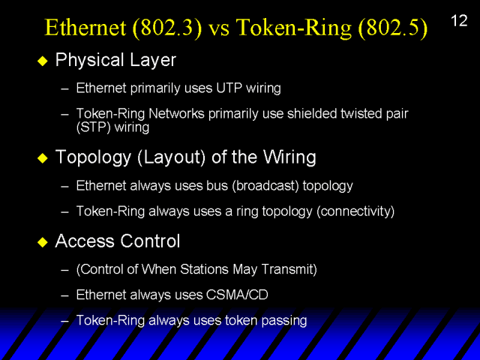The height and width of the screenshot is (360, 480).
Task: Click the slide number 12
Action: [459, 21]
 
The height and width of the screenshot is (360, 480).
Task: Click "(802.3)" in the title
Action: [167, 28]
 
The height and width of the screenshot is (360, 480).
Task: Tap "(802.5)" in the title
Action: [393, 28]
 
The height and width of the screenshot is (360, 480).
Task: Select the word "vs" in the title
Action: [219, 30]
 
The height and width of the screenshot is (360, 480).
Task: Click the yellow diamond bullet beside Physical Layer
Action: [43, 61]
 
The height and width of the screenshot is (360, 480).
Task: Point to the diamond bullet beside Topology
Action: [43, 158]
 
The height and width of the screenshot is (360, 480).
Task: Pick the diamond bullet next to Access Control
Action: [43, 242]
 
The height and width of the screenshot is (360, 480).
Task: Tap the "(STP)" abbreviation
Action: [93, 127]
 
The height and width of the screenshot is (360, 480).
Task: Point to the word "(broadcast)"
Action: [265, 186]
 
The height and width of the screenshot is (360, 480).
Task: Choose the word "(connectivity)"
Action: [355, 211]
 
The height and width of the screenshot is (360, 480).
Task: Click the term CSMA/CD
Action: [237, 295]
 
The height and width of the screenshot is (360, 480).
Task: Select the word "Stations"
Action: [204, 269]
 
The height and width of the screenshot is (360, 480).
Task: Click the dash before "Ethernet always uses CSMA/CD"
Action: [64, 295]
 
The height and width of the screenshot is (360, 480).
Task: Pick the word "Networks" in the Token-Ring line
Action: [176, 113]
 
